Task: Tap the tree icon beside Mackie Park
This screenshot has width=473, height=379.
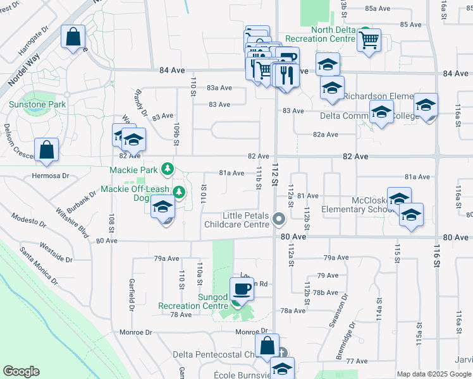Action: (x=167, y=169)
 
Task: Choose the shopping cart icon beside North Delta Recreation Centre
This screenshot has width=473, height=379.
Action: (x=369, y=40)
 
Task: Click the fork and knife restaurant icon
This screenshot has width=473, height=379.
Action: (x=286, y=76)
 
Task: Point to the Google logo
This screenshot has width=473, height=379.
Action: (x=21, y=371)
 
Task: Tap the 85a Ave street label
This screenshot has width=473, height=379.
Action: (x=378, y=8)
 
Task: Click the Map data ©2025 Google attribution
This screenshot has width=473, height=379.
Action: (x=434, y=374)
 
